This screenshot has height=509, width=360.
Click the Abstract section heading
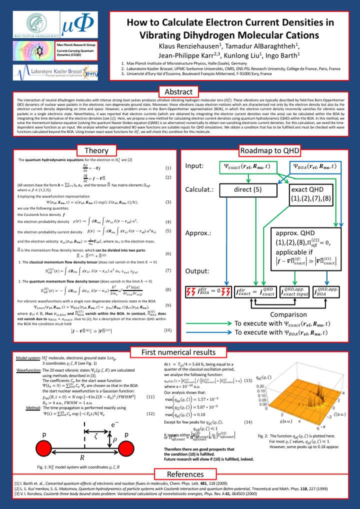coord(178,91)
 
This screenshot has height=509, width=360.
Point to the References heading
coord(178,474)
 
